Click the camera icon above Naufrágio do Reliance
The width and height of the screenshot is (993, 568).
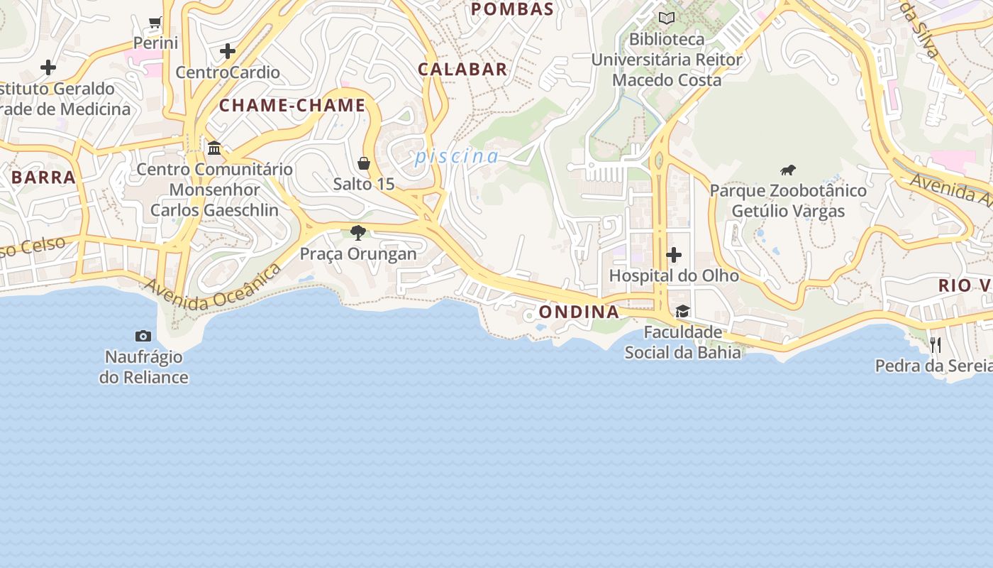coord(143,336)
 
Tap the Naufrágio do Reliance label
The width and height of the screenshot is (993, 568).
coord(143,367)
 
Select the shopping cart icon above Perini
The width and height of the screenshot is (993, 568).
coord(155,23)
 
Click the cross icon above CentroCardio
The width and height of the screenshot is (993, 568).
coord(228,51)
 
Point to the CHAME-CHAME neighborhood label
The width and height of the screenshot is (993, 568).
coord(292,106)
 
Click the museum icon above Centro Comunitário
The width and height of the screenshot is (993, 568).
coord(214,148)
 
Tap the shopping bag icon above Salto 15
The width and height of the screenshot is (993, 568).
coord(364,163)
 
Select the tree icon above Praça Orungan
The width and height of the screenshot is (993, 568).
coord(358,232)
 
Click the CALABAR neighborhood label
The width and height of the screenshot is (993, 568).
coord(462,70)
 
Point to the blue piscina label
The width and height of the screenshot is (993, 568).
coord(457,156)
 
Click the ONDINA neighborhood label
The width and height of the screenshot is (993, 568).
coord(579,312)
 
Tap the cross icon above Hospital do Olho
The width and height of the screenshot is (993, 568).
coord(674,254)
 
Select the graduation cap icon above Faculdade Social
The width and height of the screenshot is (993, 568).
coord(682,311)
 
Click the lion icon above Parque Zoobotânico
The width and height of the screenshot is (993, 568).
coord(788,170)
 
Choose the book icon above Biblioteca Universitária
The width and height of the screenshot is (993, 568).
coord(667,18)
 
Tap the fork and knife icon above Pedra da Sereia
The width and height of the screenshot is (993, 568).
coord(936,345)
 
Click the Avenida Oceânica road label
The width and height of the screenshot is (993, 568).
coord(213,288)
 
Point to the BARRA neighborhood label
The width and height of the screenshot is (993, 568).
coord(44,177)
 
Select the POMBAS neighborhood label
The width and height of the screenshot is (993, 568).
coord(512,9)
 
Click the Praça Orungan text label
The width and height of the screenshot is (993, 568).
coord(358,253)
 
